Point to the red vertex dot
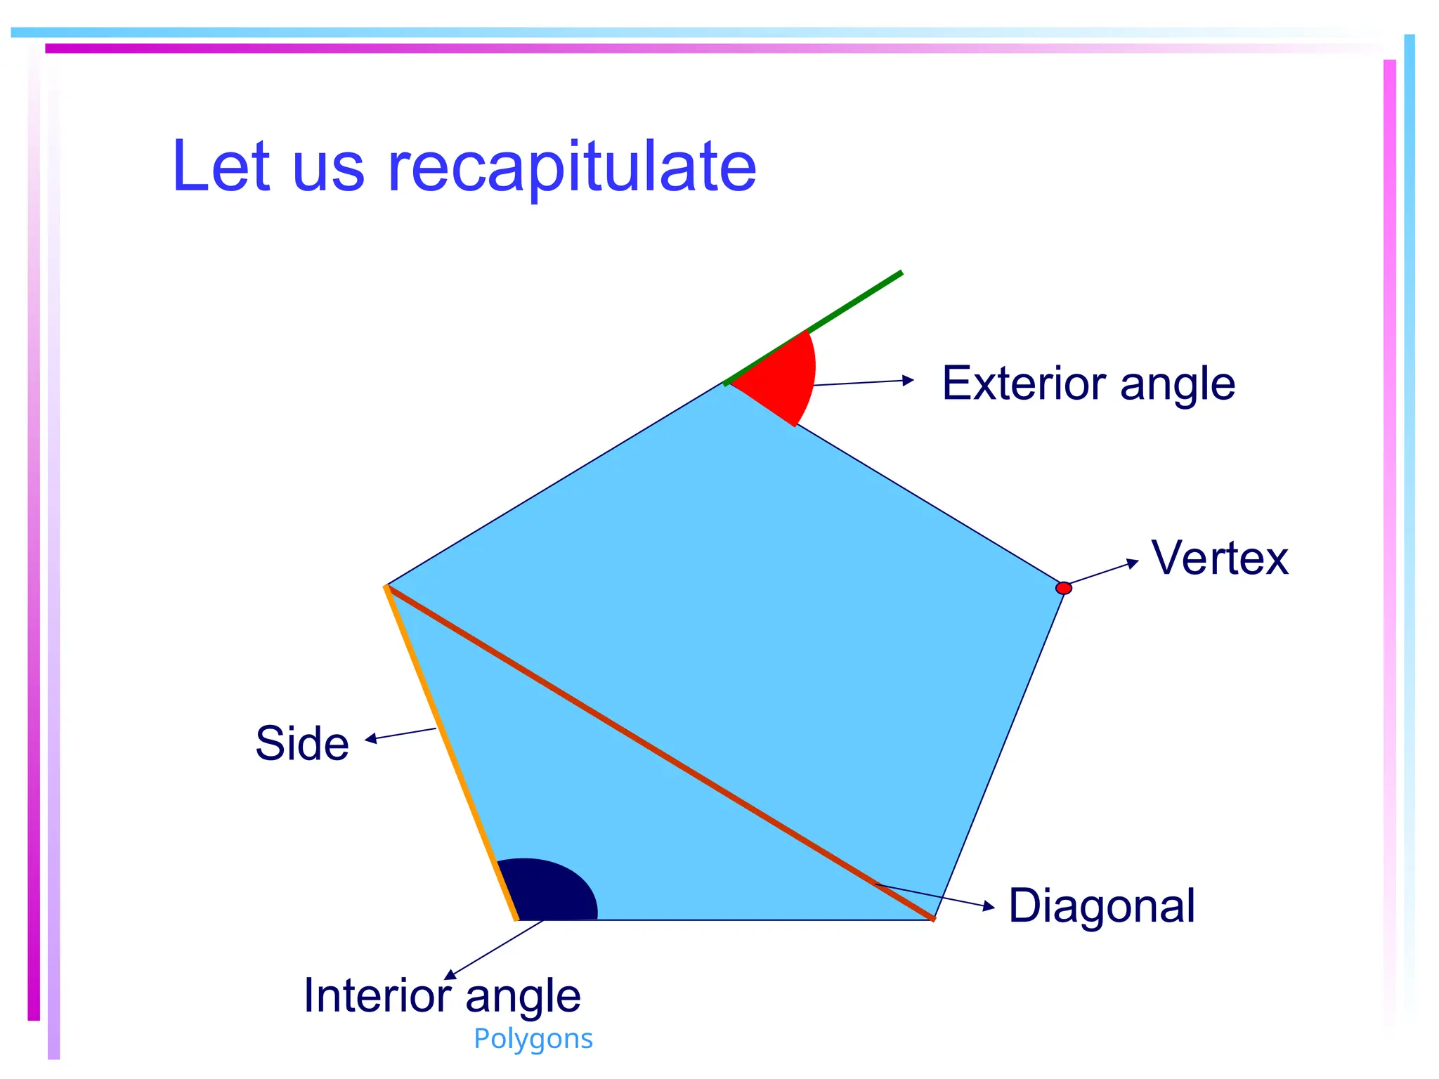(x=1064, y=588)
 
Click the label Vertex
(x=1220, y=558)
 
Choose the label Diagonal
(x=1101, y=905)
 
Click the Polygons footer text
(x=533, y=1038)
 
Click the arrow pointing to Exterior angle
(x=864, y=382)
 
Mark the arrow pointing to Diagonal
(x=935, y=896)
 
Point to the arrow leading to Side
(x=401, y=734)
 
